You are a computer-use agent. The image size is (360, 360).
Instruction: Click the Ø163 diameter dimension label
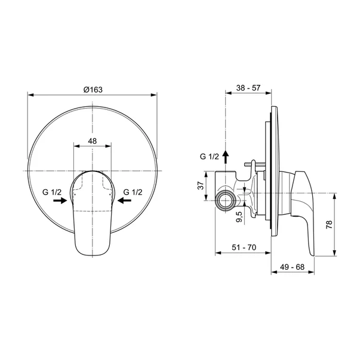pyautogui.click(x=93, y=90)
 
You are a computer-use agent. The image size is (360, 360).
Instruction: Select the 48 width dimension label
pyautogui.click(x=93, y=141)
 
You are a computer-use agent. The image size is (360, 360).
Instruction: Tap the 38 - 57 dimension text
pyautogui.click(x=248, y=88)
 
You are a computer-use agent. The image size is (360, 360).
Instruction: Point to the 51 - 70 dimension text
pyautogui.click(x=244, y=247)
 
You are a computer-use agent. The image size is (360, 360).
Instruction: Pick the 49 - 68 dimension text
pyautogui.click(x=292, y=267)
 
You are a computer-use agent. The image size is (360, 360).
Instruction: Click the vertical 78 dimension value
pyautogui.click(x=329, y=224)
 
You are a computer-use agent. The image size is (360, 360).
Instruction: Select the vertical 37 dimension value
pyautogui.click(x=201, y=186)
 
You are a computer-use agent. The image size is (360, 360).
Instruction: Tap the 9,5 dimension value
pyautogui.click(x=239, y=217)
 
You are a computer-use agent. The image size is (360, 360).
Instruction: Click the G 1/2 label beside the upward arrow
pyautogui.click(x=210, y=156)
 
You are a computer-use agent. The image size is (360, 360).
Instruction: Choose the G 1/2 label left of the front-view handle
pyautogui.click(x=52, y=192)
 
